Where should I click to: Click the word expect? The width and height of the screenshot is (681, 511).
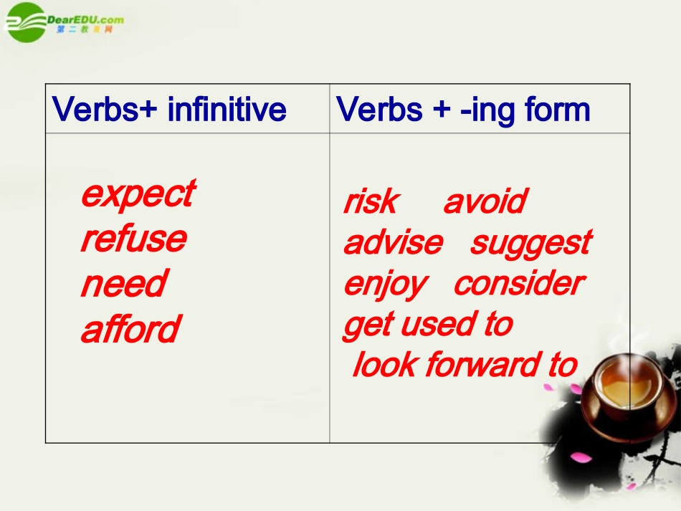click(x=137, y=194)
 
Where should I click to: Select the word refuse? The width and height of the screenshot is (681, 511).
click(x=133, y=239)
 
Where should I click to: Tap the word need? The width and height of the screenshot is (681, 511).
click(x=123, y=284)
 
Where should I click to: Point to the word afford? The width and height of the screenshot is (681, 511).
click(x=130, y=330)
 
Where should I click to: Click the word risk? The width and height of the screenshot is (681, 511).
click(x=370, y=202)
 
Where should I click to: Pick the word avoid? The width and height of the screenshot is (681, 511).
click(x=485, y=202)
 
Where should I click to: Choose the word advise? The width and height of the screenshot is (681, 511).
click(x=394, y=243)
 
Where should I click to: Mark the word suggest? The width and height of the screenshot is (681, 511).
click(x=530, y=243)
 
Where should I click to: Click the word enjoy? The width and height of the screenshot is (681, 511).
click(x=385, y=285)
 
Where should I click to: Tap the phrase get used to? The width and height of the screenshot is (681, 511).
click(x=427, y=325)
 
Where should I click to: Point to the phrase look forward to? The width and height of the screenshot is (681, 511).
click(x=465, y=365)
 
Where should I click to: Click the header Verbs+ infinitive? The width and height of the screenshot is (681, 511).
click(x=169, y=110)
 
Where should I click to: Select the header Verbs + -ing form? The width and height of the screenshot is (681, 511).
click(x=463, y=110)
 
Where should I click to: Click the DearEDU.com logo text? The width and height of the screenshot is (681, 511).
click(x=85, y=19)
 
